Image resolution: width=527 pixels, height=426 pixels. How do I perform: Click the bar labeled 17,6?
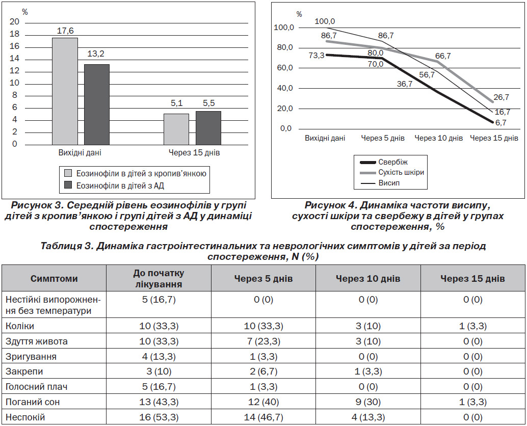pyautogui.click(x=65, y=91)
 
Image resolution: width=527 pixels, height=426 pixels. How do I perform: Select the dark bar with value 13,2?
pyautogui.click(x=97, y=104)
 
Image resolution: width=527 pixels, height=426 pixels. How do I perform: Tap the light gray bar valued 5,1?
pyautogui.click(x=176, y=129)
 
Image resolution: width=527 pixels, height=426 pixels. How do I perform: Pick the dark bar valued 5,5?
pyautogui.click(x=208, y=128)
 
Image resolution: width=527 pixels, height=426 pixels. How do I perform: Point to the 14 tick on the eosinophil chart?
pyautogui.click(x=14, y=59)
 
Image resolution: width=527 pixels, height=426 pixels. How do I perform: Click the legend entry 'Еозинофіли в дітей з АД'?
pyautogui.click(x=114, y=185)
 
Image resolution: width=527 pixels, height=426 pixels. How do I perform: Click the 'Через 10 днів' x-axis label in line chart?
pyautogui.click(x=439, y=138)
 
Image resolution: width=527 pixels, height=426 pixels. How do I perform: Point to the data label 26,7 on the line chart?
pyautogui.click(x=502, y=97)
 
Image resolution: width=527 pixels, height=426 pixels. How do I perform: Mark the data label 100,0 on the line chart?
pyautogui.click(x=325, y=21)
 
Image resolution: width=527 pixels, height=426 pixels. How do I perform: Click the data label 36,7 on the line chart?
pyautogui.click(x=404, y=84)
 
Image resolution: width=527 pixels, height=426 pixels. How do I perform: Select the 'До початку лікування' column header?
pyautogui.click(x=159, y=279)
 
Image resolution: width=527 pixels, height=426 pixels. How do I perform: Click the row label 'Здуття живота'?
pyautogui.click(x=37, y=341)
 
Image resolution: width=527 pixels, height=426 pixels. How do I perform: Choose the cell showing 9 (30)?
pyautogui.click(x=368, y=402)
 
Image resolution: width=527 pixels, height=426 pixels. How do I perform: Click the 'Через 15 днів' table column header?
pyautogui.click(x=472, y=279)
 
